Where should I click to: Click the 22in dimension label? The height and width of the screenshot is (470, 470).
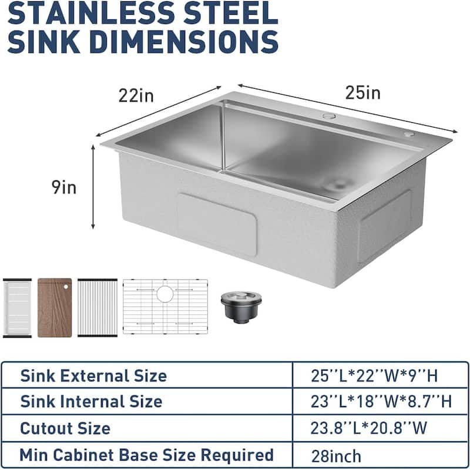tap(136, 95)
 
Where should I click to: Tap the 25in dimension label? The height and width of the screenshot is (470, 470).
tap(362, 92)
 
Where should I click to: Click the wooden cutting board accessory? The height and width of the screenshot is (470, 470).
tap(55, 307)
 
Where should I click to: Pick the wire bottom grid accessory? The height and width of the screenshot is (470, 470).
tap(165, 307)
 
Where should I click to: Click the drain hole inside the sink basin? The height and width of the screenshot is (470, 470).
tap(338, 184)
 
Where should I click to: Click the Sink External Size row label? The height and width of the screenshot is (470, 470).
tap(93, 376)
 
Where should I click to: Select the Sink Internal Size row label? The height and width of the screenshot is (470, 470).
tap(91, 402)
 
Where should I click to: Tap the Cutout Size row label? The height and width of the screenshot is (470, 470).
tap(65, 428)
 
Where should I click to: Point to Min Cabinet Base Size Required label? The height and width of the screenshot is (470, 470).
tap(147, 455)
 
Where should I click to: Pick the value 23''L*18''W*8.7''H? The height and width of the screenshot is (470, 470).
tap(381, 402)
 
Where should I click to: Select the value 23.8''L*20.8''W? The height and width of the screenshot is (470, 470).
tap(369, 428)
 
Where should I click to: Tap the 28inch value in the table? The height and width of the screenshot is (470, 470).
tap(337, 455)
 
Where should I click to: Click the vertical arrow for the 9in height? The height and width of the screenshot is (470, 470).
tap(93, 187)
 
